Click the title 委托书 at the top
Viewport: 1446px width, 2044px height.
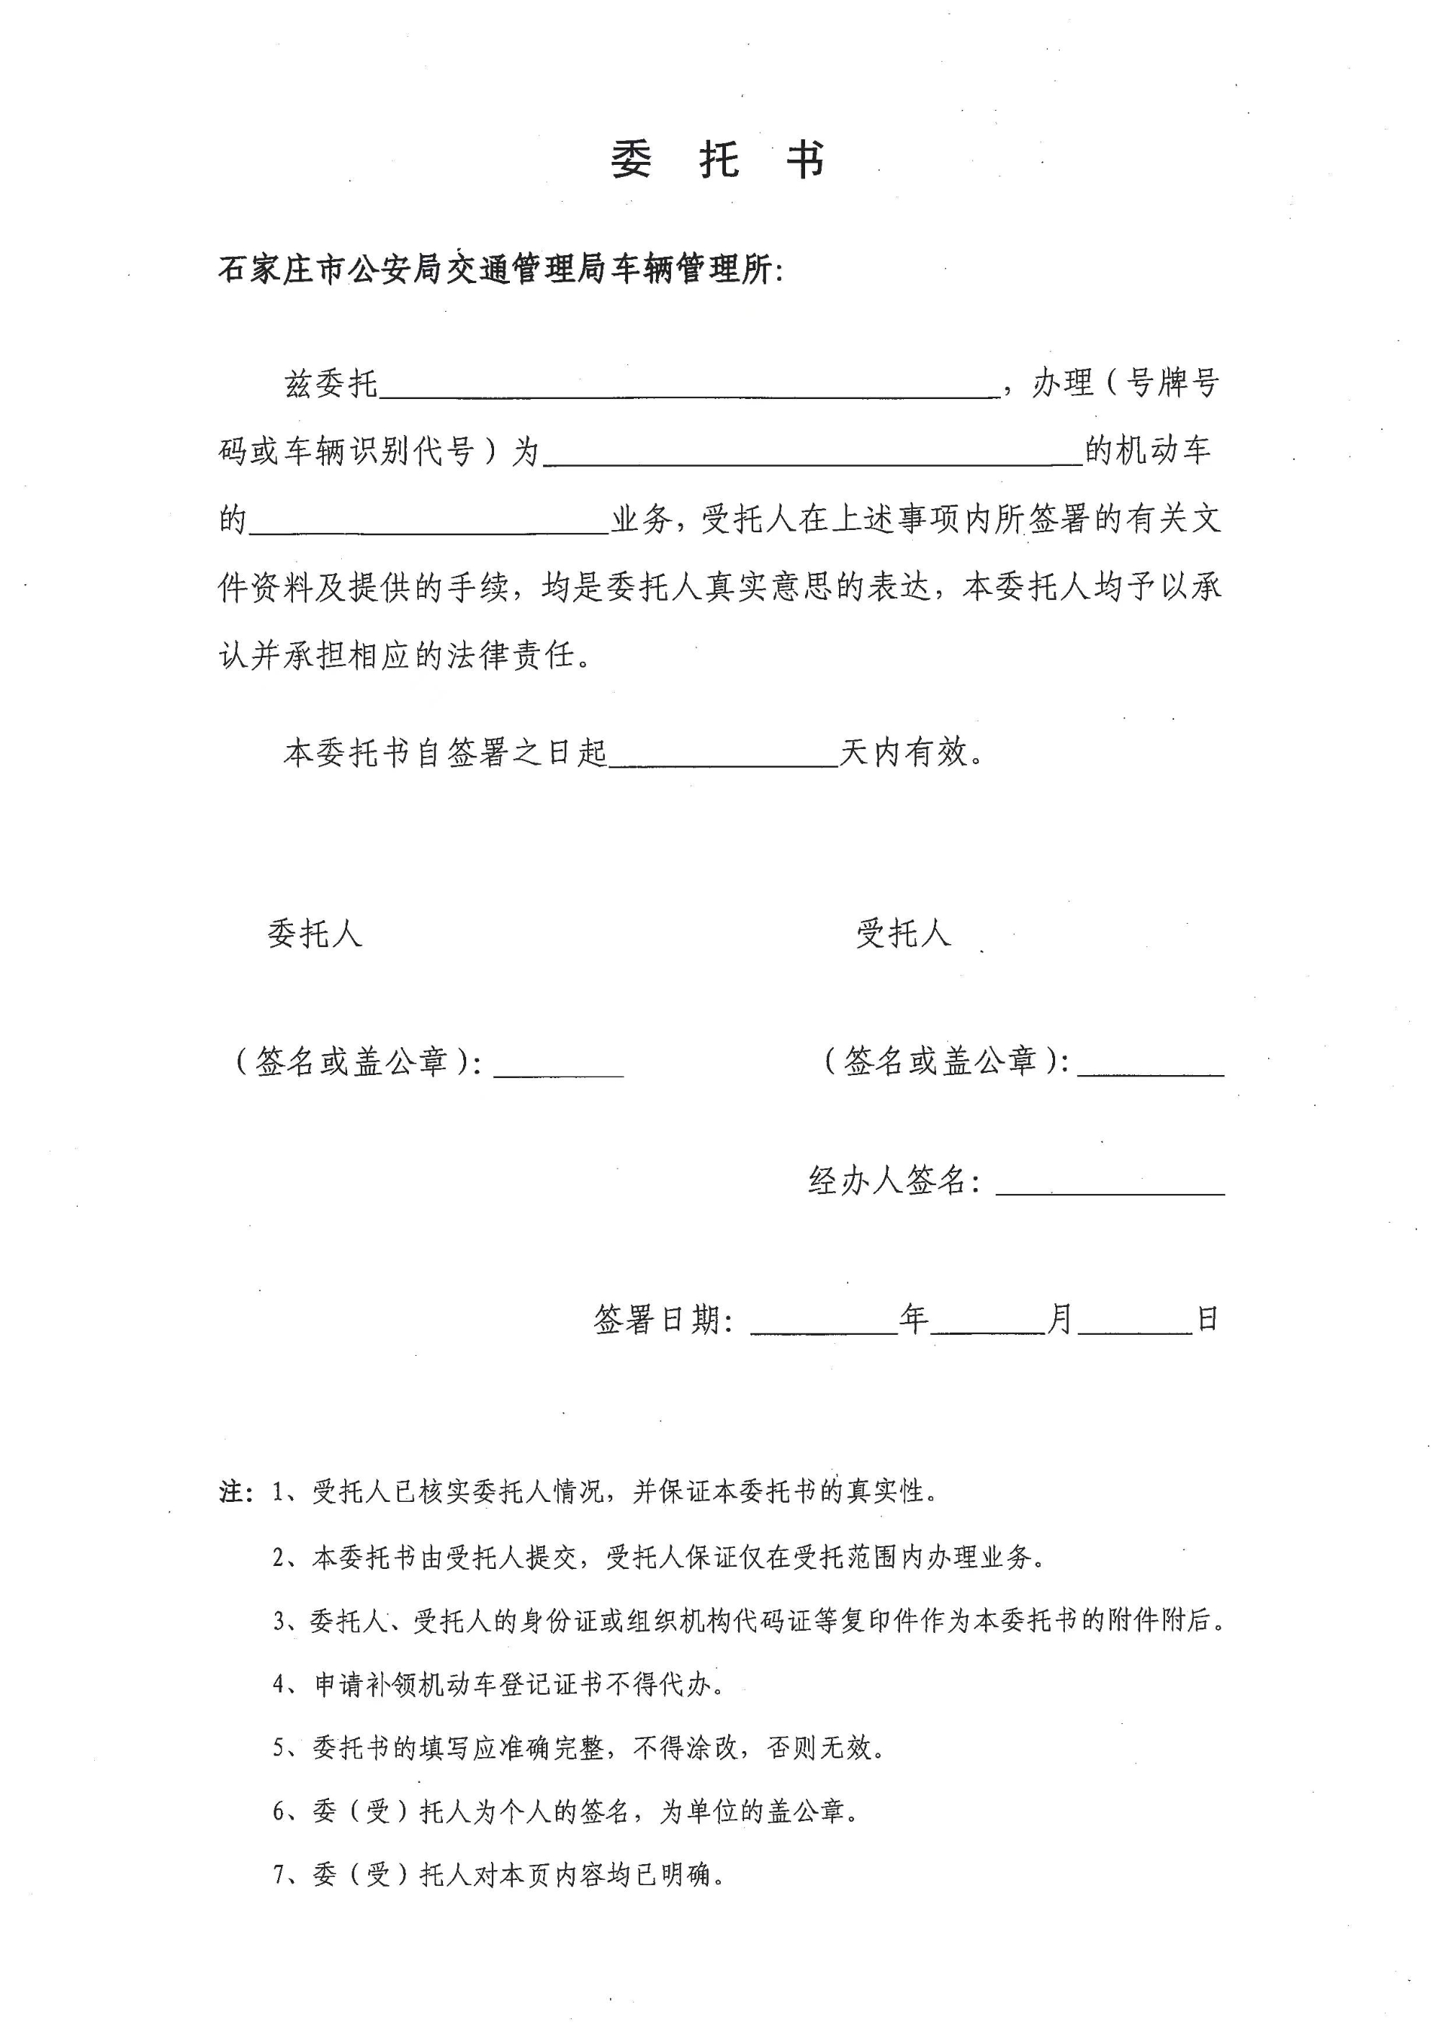point(718,161)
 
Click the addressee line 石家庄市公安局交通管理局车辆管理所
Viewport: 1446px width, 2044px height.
point(499,270)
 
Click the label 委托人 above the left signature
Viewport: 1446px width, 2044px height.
point(314,934)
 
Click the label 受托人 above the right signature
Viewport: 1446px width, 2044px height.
point(904,934)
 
